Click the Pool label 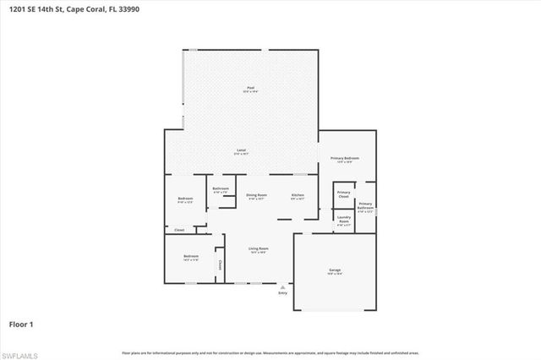(x=250, y=88)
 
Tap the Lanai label (x=241, y=150)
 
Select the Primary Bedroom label (x=344, y=159)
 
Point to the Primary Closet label (x=343, y=194)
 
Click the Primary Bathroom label (x=365, y=205)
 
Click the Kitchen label (x=298, y=195)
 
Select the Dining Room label (x=256, y=195)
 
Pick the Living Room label (x=258, y=248)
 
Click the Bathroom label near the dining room (x=221, y=189)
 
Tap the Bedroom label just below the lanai (x=185, y=199)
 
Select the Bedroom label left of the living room (x=191, y=256)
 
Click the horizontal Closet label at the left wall (x=179, y=229)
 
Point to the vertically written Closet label (x=220, y=265)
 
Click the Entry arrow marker (x=282, y=286)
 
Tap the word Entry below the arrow (x=282, y=292)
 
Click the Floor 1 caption (x=21, y=323)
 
